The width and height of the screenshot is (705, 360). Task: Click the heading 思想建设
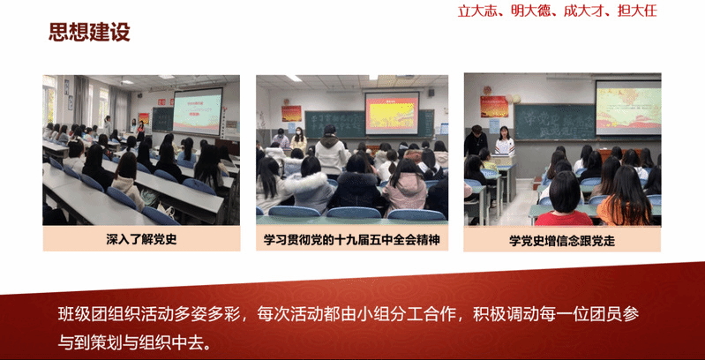click(89, 33)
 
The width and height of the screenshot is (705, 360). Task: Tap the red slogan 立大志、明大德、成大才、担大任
click(557, 11)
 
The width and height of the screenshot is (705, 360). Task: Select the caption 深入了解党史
click(142, 239)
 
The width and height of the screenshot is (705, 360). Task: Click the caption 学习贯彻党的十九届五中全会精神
click(351, 239)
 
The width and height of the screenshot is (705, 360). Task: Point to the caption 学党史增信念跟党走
click(562, 241)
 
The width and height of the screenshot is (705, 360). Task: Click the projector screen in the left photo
click(198, 110)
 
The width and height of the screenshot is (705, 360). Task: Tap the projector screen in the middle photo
click(392, 113)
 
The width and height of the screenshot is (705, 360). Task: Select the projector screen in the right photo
click(628, 108)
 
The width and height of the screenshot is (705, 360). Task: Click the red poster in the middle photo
click(291, 113)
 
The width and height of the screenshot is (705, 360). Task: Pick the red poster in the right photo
click(494, 107)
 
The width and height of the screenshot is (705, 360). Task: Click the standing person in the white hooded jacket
click(332, 152)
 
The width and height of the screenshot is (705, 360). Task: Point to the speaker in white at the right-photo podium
click(505, 141)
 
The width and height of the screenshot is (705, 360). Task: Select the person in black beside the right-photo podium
click(476, 140)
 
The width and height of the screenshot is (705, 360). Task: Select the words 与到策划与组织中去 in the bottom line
click(133, 343)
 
